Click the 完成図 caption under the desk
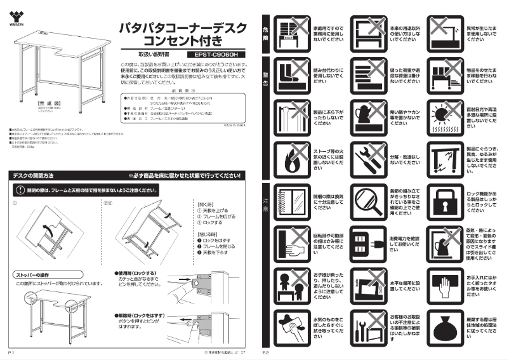[x=39, y=102]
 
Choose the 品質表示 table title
[x=180, y=90]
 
